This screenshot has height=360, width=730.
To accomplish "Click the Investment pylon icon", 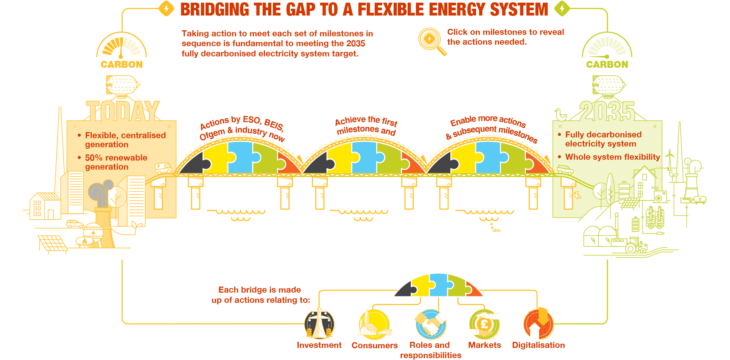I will (x=319, y=324).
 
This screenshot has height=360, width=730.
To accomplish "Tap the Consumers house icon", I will (x=374, y=324).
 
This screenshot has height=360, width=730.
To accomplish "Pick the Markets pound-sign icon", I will (x=484, y=324).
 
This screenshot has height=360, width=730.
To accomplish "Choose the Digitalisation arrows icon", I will (x=539, y=324).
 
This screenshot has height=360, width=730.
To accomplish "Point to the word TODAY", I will (x=123, y=111).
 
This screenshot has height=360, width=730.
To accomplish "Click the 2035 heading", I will (x=607, y=111).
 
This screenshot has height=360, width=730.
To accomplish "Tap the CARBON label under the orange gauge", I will (x=121, y=64).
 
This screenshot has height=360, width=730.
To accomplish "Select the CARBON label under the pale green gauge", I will (x=607, y=64).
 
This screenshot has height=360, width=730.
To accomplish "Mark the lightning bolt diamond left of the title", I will (x=166, y=8).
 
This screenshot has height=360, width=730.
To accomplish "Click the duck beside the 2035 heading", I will (x=560, y=114).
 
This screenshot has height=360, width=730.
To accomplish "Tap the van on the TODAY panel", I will (x=163, y=168).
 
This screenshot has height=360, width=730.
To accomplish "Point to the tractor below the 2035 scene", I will (x=636, y=245).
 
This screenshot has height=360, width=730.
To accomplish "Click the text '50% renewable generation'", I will (x=116, y=162).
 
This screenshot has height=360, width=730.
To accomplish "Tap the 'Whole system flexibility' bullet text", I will (x=612, y=157).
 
